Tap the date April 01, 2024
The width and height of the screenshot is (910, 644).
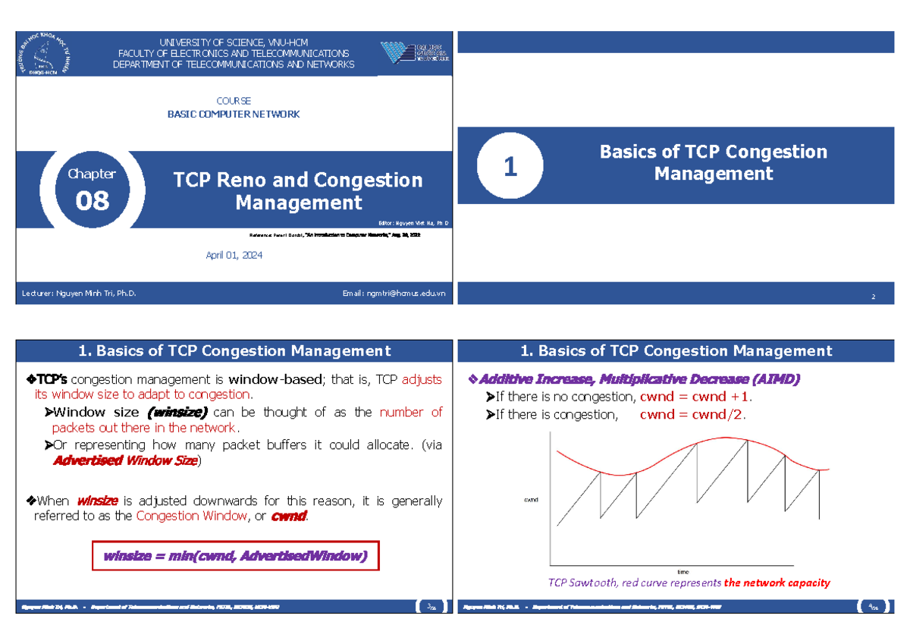click(x=234, y=256)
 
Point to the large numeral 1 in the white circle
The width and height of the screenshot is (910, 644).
click(x=510, y=167)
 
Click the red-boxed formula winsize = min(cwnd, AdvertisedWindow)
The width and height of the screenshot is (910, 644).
click(x=235, y=557)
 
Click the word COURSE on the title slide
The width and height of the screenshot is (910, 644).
click(x=234, y=101)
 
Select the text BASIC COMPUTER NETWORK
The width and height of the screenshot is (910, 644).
click(x=234, y=115)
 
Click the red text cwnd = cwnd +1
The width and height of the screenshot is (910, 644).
click(x=695, y=397)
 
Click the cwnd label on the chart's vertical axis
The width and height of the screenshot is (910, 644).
click(x=531, y=500)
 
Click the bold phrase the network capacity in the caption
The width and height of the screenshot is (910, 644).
click(x=777, y=583)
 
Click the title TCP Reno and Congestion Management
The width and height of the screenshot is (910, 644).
click(x=298, y=191)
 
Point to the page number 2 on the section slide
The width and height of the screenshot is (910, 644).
click(x=873, y=297)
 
